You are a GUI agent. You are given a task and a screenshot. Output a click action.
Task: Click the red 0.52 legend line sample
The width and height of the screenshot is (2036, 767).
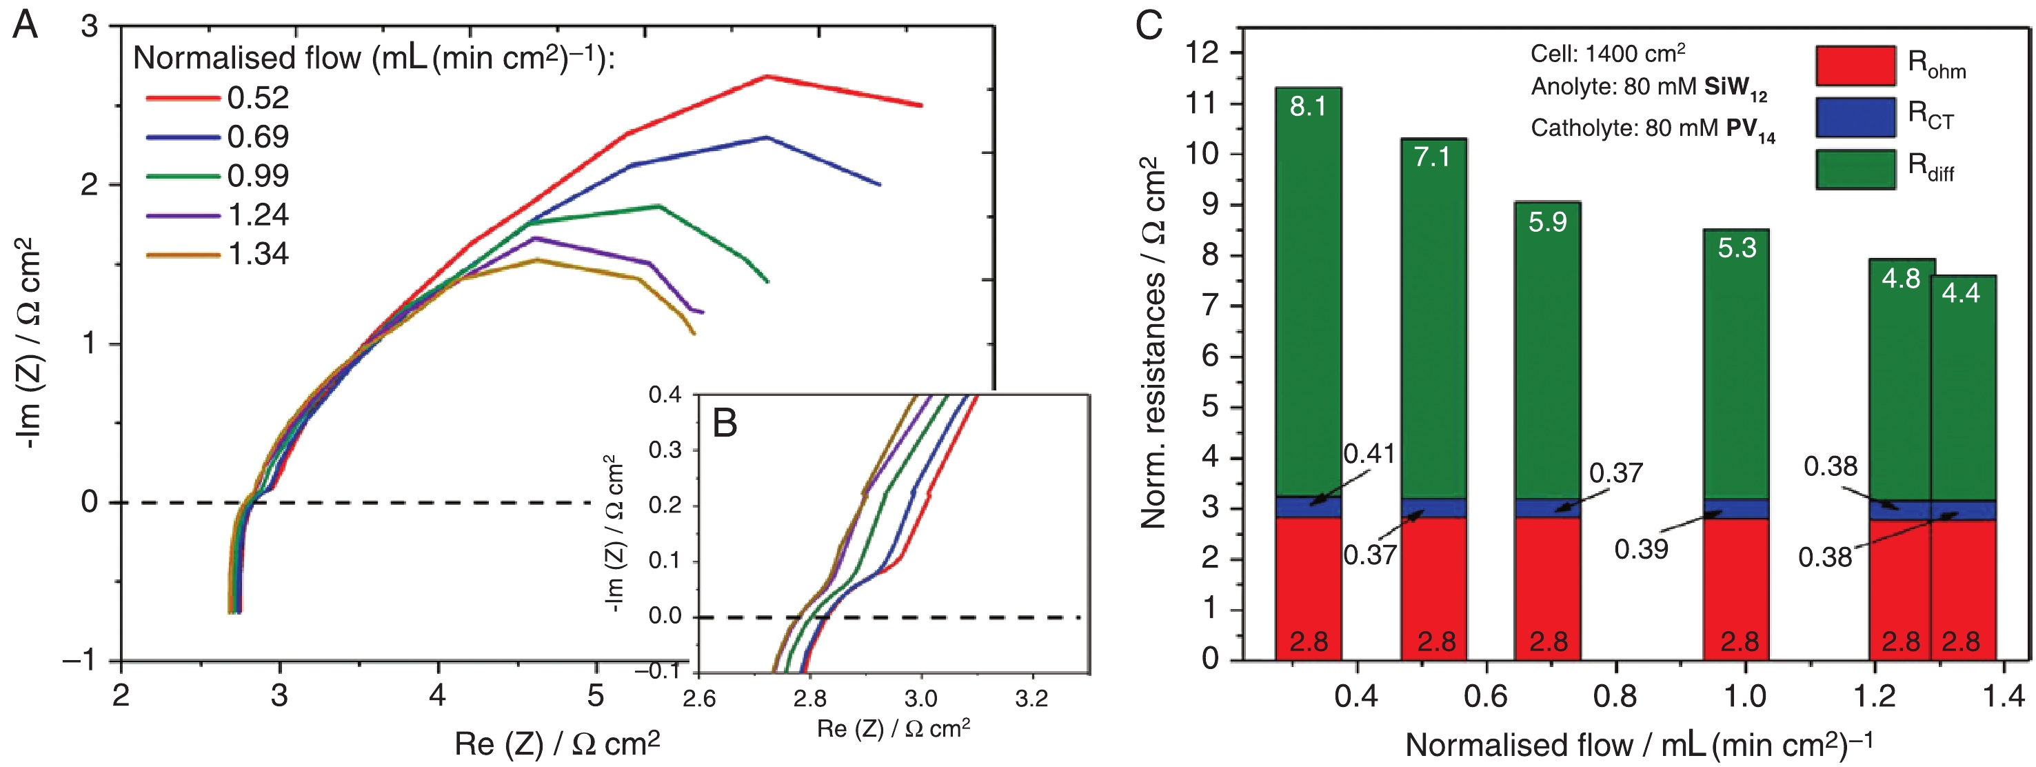coord(183,98)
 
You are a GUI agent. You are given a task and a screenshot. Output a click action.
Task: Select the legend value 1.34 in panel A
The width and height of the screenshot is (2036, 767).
coord(258,254)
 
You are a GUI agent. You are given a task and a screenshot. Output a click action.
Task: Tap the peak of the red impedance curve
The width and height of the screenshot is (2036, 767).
coord(766,76)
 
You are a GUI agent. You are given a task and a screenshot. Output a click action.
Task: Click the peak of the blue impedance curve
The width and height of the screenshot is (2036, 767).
coord(766,137)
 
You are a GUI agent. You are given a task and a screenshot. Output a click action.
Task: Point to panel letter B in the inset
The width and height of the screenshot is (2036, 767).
coord(725,423)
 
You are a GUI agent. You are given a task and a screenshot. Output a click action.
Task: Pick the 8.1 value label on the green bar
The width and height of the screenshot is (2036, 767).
coord(1308,106)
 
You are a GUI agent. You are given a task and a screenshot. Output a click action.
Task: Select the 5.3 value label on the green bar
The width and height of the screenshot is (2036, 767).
coord(1737,248)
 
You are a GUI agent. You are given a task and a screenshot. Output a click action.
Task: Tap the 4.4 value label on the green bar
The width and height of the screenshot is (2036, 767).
coord(1961,293)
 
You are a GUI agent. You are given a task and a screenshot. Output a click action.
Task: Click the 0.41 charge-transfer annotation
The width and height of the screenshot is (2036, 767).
coord(1370,454)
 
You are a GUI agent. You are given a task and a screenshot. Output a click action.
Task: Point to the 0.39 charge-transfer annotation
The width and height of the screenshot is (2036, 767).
coord(1641,549)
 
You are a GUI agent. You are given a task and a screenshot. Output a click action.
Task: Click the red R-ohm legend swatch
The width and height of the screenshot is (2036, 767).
coord(1855,66)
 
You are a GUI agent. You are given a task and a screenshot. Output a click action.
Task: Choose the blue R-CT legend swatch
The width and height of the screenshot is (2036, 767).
coord(1855,117)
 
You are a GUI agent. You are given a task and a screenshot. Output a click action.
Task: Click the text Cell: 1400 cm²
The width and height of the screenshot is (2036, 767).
coord(1608,54)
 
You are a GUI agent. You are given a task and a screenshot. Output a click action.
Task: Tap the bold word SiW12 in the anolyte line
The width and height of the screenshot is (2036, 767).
coord(1735,88)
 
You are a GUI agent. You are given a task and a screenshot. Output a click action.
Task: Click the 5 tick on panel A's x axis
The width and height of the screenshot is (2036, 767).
coord(596,696)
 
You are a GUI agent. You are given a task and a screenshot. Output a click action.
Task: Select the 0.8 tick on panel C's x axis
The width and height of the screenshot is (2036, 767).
coord(1615,697)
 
